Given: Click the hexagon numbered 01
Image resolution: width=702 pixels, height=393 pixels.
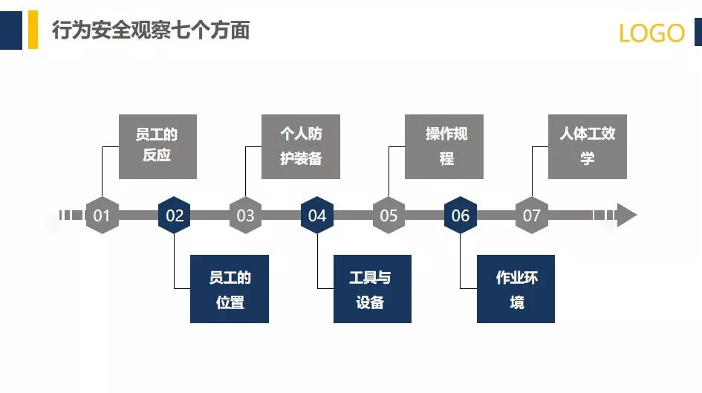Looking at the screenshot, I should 102,215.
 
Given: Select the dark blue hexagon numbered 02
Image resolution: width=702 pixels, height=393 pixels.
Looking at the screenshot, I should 174,215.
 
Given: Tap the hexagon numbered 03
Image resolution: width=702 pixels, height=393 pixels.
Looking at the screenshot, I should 245,215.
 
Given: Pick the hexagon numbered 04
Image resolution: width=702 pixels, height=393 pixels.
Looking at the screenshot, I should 317,215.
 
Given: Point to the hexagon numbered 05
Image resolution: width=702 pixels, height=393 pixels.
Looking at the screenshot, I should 389,215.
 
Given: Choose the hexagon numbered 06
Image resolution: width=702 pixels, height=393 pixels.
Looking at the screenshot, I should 461,215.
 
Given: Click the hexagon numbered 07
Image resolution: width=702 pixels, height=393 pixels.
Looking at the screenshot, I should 532,215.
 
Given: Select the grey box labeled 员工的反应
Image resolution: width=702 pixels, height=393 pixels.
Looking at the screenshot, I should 157,146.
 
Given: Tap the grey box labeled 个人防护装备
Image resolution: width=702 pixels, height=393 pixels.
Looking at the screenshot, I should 301,146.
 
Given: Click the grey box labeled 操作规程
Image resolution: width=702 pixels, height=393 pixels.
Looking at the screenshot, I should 444,146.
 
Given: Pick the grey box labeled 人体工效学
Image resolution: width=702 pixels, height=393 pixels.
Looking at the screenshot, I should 588,146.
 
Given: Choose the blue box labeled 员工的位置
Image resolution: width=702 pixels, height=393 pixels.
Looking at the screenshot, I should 230,289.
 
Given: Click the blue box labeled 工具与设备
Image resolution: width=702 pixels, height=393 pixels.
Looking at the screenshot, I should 372,289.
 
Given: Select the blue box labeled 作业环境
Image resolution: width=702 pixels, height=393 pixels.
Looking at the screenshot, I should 516,289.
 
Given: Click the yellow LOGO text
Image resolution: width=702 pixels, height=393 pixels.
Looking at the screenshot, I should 651,33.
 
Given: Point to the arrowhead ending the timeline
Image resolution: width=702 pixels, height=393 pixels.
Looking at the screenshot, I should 626,215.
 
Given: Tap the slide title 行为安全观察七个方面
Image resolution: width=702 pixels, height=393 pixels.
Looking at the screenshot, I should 151,30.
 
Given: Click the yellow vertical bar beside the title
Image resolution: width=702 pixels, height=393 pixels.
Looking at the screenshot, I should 33,30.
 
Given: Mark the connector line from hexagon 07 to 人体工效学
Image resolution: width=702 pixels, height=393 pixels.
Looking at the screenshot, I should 533,171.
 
